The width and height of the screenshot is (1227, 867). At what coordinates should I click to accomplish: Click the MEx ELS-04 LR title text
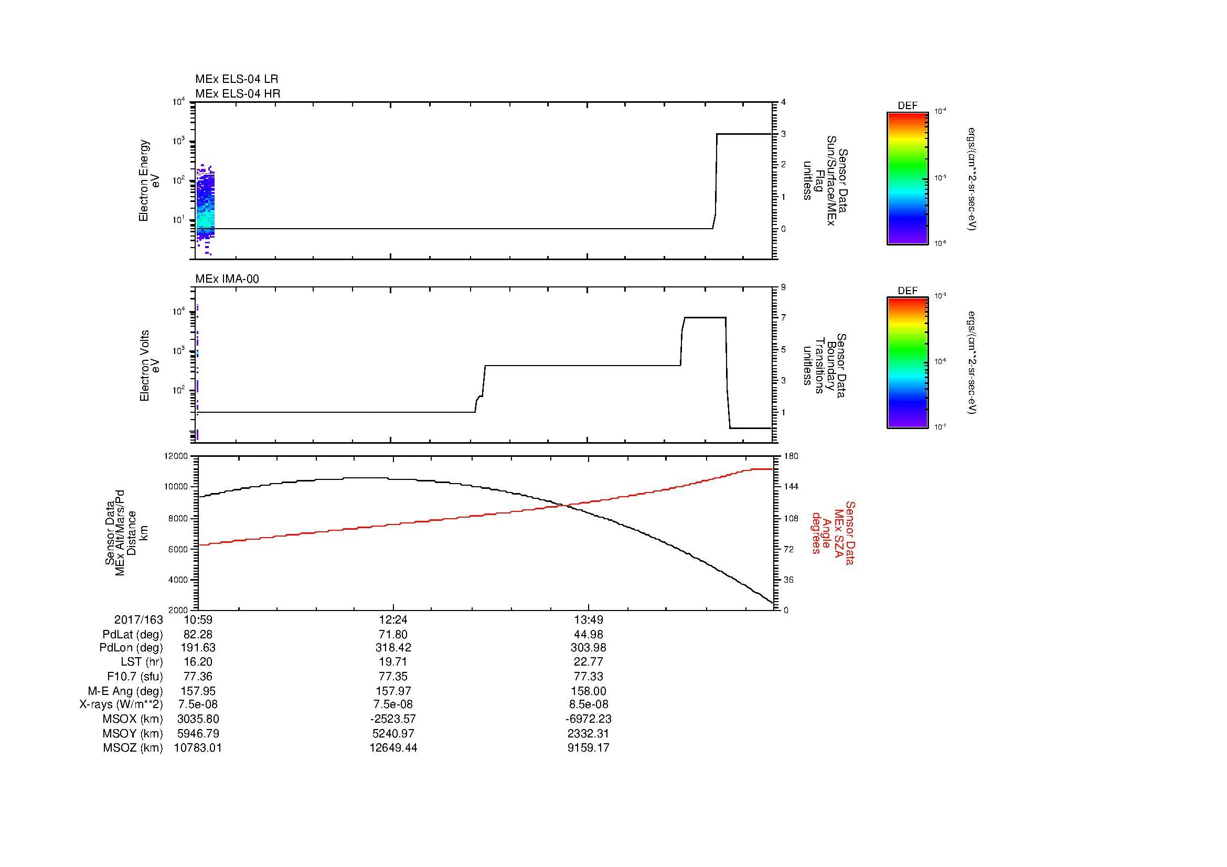point(237,79)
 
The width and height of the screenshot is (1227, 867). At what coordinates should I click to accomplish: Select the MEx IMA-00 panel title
point(227,279)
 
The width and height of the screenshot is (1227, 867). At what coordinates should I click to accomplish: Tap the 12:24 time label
point(393,619)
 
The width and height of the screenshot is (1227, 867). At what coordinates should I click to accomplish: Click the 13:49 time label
point(589,619)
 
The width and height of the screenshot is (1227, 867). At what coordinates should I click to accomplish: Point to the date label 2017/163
point(138,619)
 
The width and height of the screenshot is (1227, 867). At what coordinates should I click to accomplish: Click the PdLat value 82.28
point(198,635)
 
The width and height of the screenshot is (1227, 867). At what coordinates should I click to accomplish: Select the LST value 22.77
point(589,662)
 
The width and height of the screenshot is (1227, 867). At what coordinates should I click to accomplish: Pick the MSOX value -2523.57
point(393,719)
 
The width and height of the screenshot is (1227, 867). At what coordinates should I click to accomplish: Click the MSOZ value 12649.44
point(393,748)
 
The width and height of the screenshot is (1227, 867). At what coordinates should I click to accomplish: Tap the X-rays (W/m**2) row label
point(121,704)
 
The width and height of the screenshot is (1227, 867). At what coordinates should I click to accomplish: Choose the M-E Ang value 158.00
point(589,691)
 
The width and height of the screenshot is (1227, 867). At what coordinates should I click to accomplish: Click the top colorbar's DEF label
point(907,106)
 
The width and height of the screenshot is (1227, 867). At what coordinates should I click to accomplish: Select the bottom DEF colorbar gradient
point(907,363)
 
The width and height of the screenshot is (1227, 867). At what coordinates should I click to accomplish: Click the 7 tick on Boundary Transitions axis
point(783,318)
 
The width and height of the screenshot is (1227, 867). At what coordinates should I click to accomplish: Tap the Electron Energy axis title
point(144,180)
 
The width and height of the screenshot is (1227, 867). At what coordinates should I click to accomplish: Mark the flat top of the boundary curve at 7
point(705,318)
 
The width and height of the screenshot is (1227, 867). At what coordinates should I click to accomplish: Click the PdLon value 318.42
point(393,647)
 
